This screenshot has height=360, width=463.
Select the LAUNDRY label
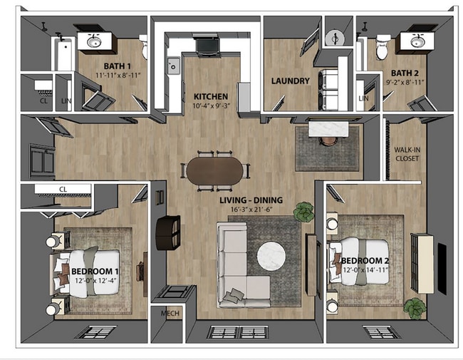point(290,81)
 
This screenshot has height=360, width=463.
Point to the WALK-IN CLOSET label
point(407,153)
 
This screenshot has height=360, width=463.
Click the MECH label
point(170,313)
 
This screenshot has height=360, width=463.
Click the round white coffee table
point(273,257)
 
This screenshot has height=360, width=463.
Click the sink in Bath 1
point(94,42)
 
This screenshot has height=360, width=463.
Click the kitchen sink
point(173,67)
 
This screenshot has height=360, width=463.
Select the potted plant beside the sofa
point(304,212)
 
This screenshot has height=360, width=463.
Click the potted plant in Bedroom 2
point(414,309)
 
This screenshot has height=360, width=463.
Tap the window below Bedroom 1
point(95,331)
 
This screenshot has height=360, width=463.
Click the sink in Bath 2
point(414,42)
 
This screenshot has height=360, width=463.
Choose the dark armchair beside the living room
point(168,232)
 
